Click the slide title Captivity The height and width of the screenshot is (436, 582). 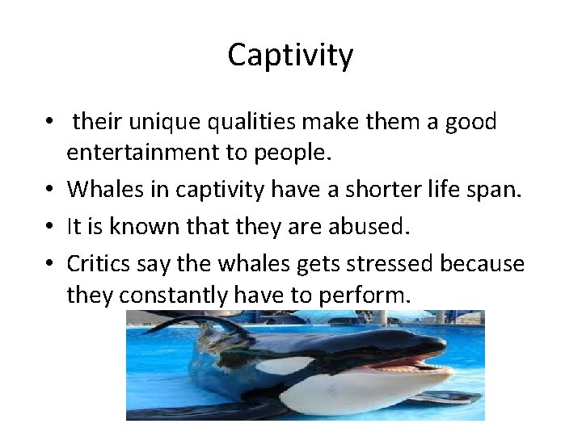pyautogui.click(x=290, y=55)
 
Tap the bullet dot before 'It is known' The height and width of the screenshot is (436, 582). pyautogui.click(x=51, y=227)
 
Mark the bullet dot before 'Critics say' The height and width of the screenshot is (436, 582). pyautogui.click(x=51, y=264)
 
